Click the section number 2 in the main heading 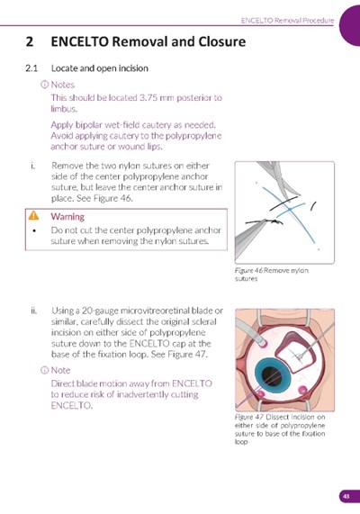(x=30, y=42)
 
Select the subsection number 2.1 (x=31, y=68)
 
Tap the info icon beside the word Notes (x=44, y=85)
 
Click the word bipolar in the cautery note (x=87, y=125)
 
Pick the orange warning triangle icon (x=33, y=216)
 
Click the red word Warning (x=67, y=217)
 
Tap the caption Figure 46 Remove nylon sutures (x=272, y=275)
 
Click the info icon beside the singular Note (x=44, y=370)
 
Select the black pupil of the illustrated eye (x=272, y=375)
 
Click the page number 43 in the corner (x=346, y=496)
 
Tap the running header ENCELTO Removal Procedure (x=287, y=21)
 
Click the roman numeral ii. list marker (x=33, y=311)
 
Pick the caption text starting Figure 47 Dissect (x=280, y=429)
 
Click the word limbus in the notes (x=64, y=109)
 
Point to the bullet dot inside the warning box (x=34, y=230)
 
